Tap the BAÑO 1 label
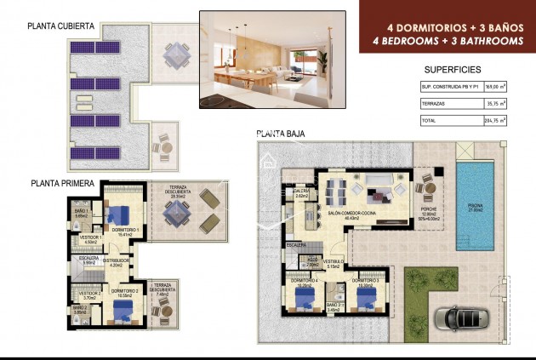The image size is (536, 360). (x=82, y=211)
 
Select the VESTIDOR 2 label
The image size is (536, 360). (x=92, y=294)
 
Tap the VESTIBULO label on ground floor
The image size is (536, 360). (x=333, y=263)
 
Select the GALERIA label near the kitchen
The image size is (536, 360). (x=299, y=192)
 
